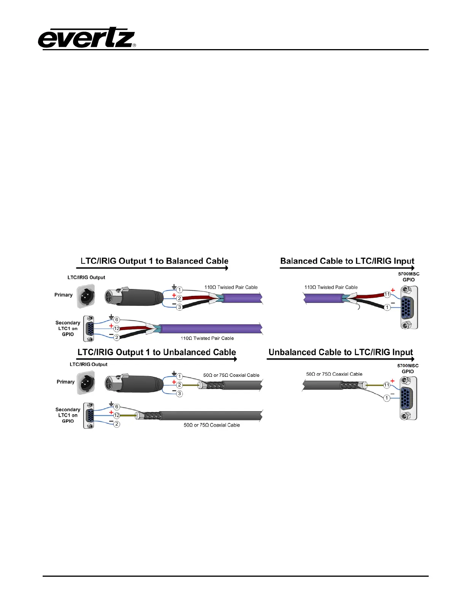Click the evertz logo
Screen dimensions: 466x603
click(87, 38)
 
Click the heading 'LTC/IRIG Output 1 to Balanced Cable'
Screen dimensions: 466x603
click(154, 261)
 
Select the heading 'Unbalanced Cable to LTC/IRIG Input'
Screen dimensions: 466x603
click(341, 352)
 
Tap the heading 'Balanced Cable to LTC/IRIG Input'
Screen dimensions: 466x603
click(347, 261)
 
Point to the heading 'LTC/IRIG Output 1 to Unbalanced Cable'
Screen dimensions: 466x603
click(156, 352)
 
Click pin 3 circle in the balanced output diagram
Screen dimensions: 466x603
click(179, 307)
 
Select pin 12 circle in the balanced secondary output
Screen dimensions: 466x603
click(116, 328)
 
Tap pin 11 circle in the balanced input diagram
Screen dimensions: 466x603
click(387, 294)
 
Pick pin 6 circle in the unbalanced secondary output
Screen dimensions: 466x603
click(116, 407)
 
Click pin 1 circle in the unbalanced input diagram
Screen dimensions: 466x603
click(387, 398)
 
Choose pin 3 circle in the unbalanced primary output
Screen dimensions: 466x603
click(179, 394)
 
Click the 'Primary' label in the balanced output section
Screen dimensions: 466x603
click(63, 295)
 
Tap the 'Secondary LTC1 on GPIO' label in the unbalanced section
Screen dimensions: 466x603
click(68, 415)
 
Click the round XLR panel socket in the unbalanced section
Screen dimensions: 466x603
click(86, 383)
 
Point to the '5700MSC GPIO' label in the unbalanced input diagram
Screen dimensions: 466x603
click(408, 368)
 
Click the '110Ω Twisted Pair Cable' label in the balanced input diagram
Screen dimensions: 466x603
click(331, 287)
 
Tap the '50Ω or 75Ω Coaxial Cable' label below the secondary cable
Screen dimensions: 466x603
click(212, 425)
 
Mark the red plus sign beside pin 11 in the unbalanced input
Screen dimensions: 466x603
click(393, 381)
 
